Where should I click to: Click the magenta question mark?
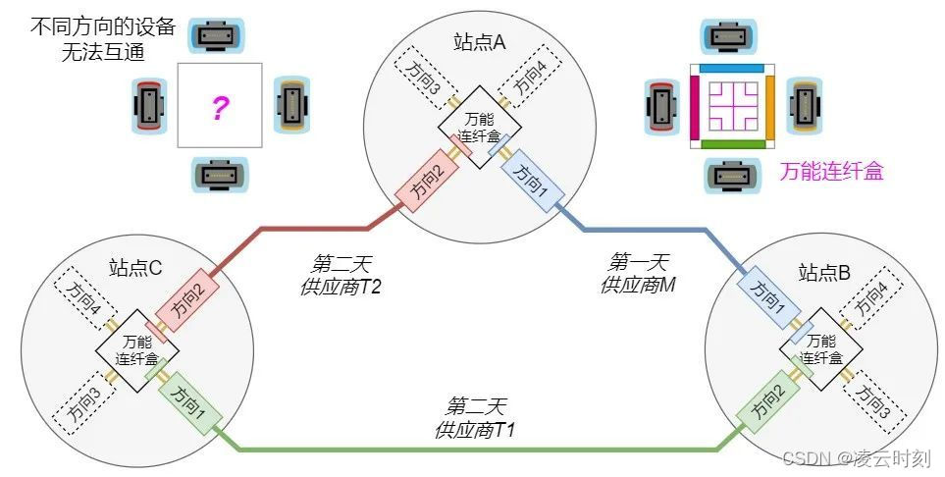tap(220, 108)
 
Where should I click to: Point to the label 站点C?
tap(134, 267)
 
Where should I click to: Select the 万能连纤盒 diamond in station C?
tap(136, 350)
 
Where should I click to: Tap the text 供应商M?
tap(639, 285)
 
